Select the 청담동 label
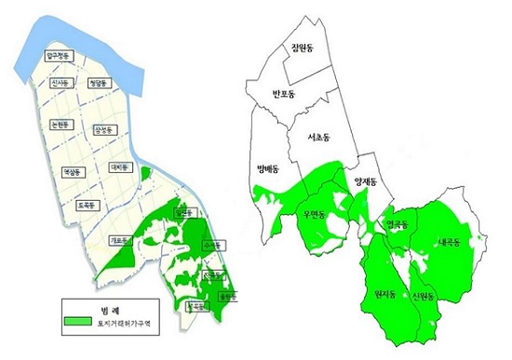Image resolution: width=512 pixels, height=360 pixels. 99,83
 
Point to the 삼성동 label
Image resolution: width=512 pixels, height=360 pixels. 106,129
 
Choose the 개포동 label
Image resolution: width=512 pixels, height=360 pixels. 119,239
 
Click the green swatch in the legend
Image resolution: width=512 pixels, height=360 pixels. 82,322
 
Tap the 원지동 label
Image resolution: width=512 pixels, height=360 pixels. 384,296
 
